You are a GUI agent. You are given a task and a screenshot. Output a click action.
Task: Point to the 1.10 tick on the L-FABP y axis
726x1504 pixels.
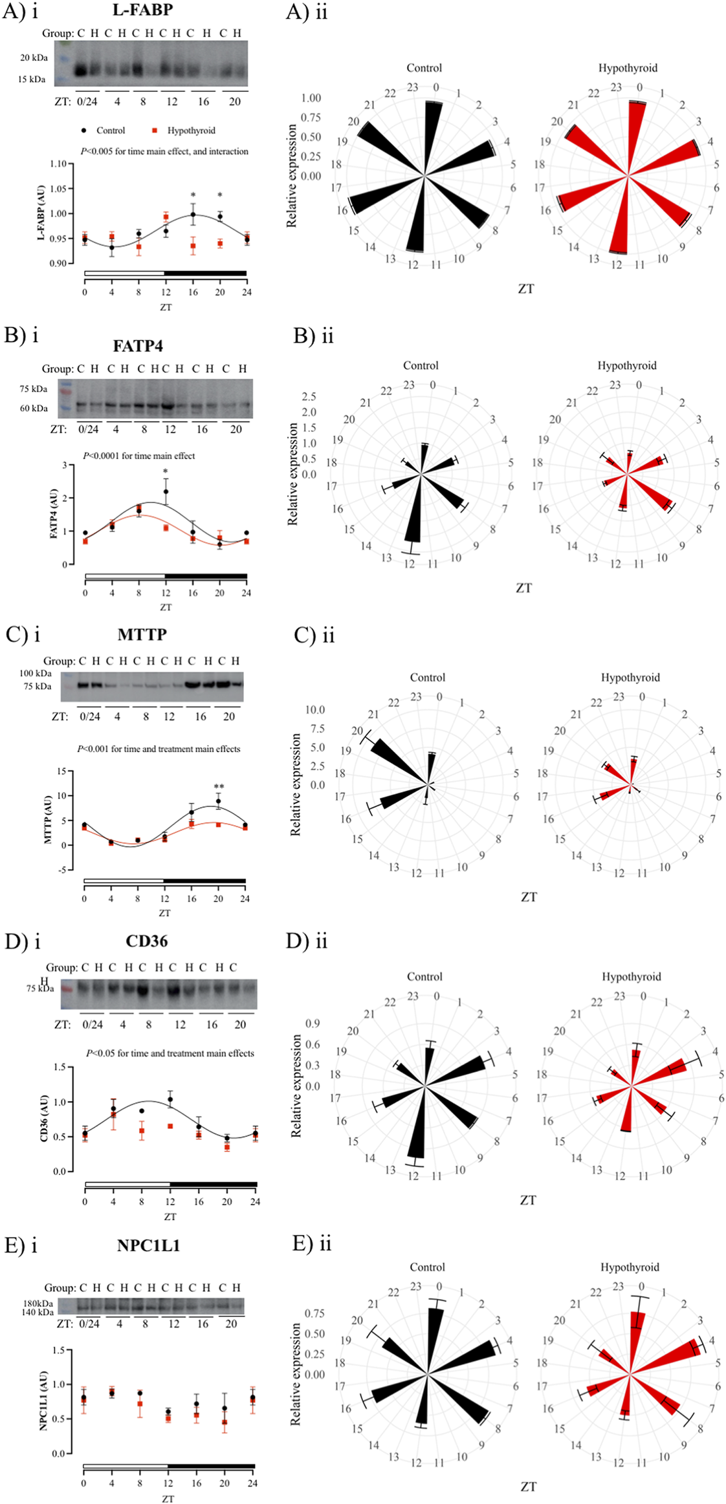pyautogui.click(x=58, y=164)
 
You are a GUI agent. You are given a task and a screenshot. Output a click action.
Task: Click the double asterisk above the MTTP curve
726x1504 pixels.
pyautogui.click(x=219, y=788)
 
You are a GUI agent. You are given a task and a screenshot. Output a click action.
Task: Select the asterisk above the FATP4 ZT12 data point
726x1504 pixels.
pyautogui.click(x=166, y=472)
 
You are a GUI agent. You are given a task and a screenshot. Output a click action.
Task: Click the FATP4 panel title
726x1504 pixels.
pyautogui.click(x=138, y=347)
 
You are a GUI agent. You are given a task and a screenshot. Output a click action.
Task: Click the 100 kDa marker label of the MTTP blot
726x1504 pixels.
pyautogui.click(x=36, y=674)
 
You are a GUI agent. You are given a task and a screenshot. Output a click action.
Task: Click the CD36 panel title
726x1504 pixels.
pyautogui.click(x=147, y=941)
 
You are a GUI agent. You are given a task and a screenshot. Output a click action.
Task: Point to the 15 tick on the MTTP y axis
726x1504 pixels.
pyautogui.click(x=61, y=771)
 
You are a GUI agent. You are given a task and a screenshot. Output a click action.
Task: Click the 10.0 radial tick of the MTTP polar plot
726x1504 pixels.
pyautogui.click(x=315, y=710)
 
